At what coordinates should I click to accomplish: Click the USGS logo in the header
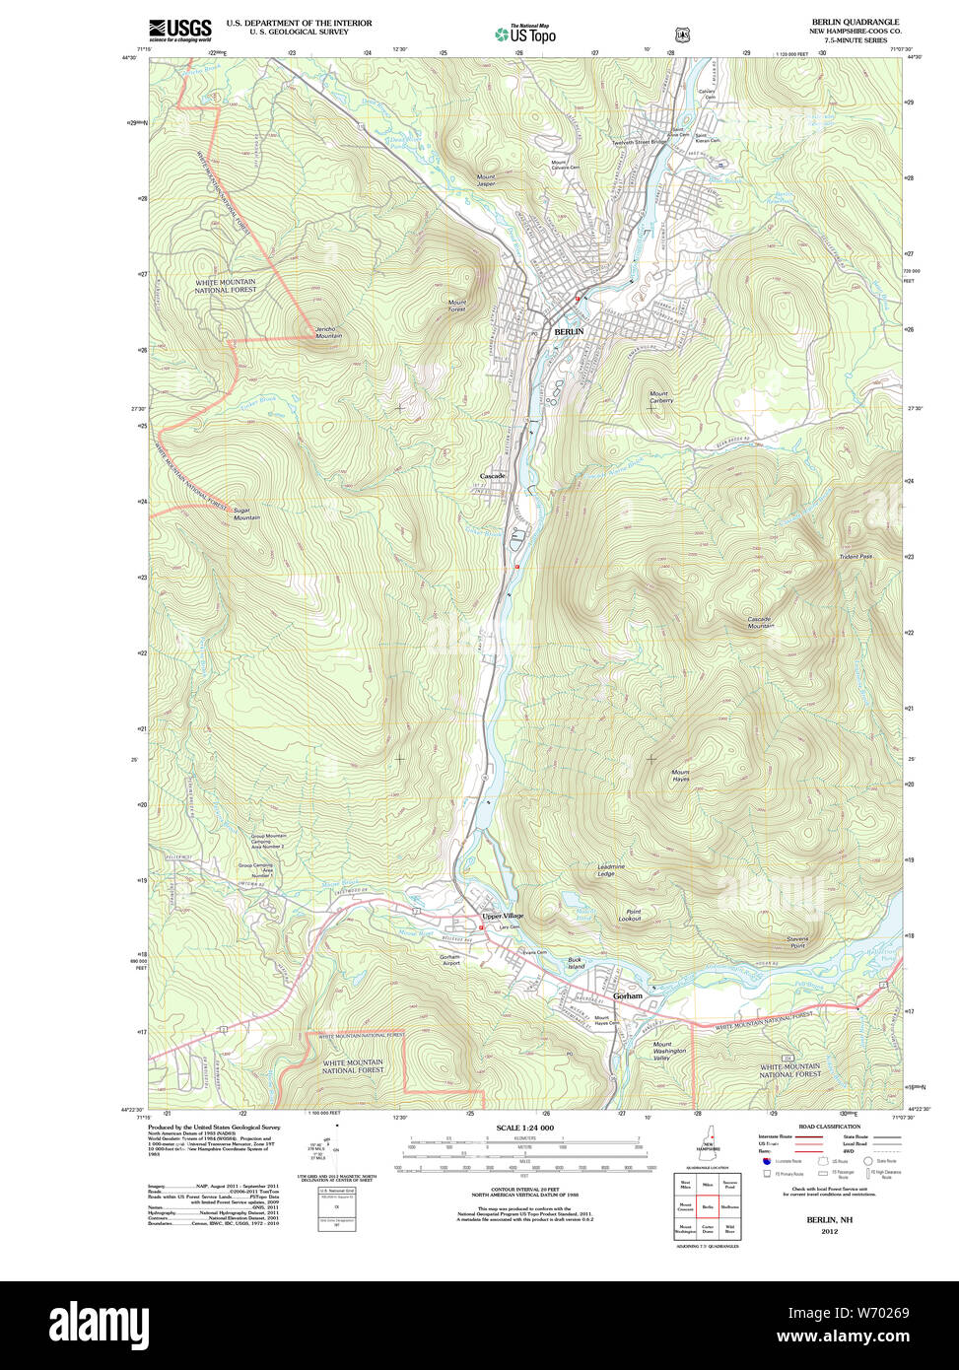click(x=179, y=30)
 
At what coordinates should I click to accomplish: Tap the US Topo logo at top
click(x=524, y=34)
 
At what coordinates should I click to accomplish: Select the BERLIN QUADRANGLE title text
click(x=855, y=22)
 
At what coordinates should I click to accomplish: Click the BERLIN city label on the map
click(x=569, y=332)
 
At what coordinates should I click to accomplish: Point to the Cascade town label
click(x=492, y=476)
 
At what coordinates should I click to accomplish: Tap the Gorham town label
click(x=627, y=995)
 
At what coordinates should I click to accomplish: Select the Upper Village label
click(x=503, y=916)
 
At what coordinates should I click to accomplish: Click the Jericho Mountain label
click(x=328, y=332)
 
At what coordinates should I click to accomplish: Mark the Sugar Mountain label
click(x=246, y=514)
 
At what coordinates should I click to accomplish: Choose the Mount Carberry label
click(x=660, y=397)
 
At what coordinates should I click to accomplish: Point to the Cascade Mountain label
click(x=760, y=622)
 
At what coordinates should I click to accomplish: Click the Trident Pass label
click(x=856, y=557)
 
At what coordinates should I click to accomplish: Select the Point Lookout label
click(x=630, y=915)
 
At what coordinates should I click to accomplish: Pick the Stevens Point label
click(x=796, y=941)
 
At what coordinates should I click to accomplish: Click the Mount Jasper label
click(x=486, y=180)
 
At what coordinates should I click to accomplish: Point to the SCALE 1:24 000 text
click(x=524, y=1128)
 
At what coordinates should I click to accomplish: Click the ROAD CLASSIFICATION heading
click(x=828, y=1127)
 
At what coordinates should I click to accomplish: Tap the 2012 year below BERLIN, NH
click(x=829, y=1231)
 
